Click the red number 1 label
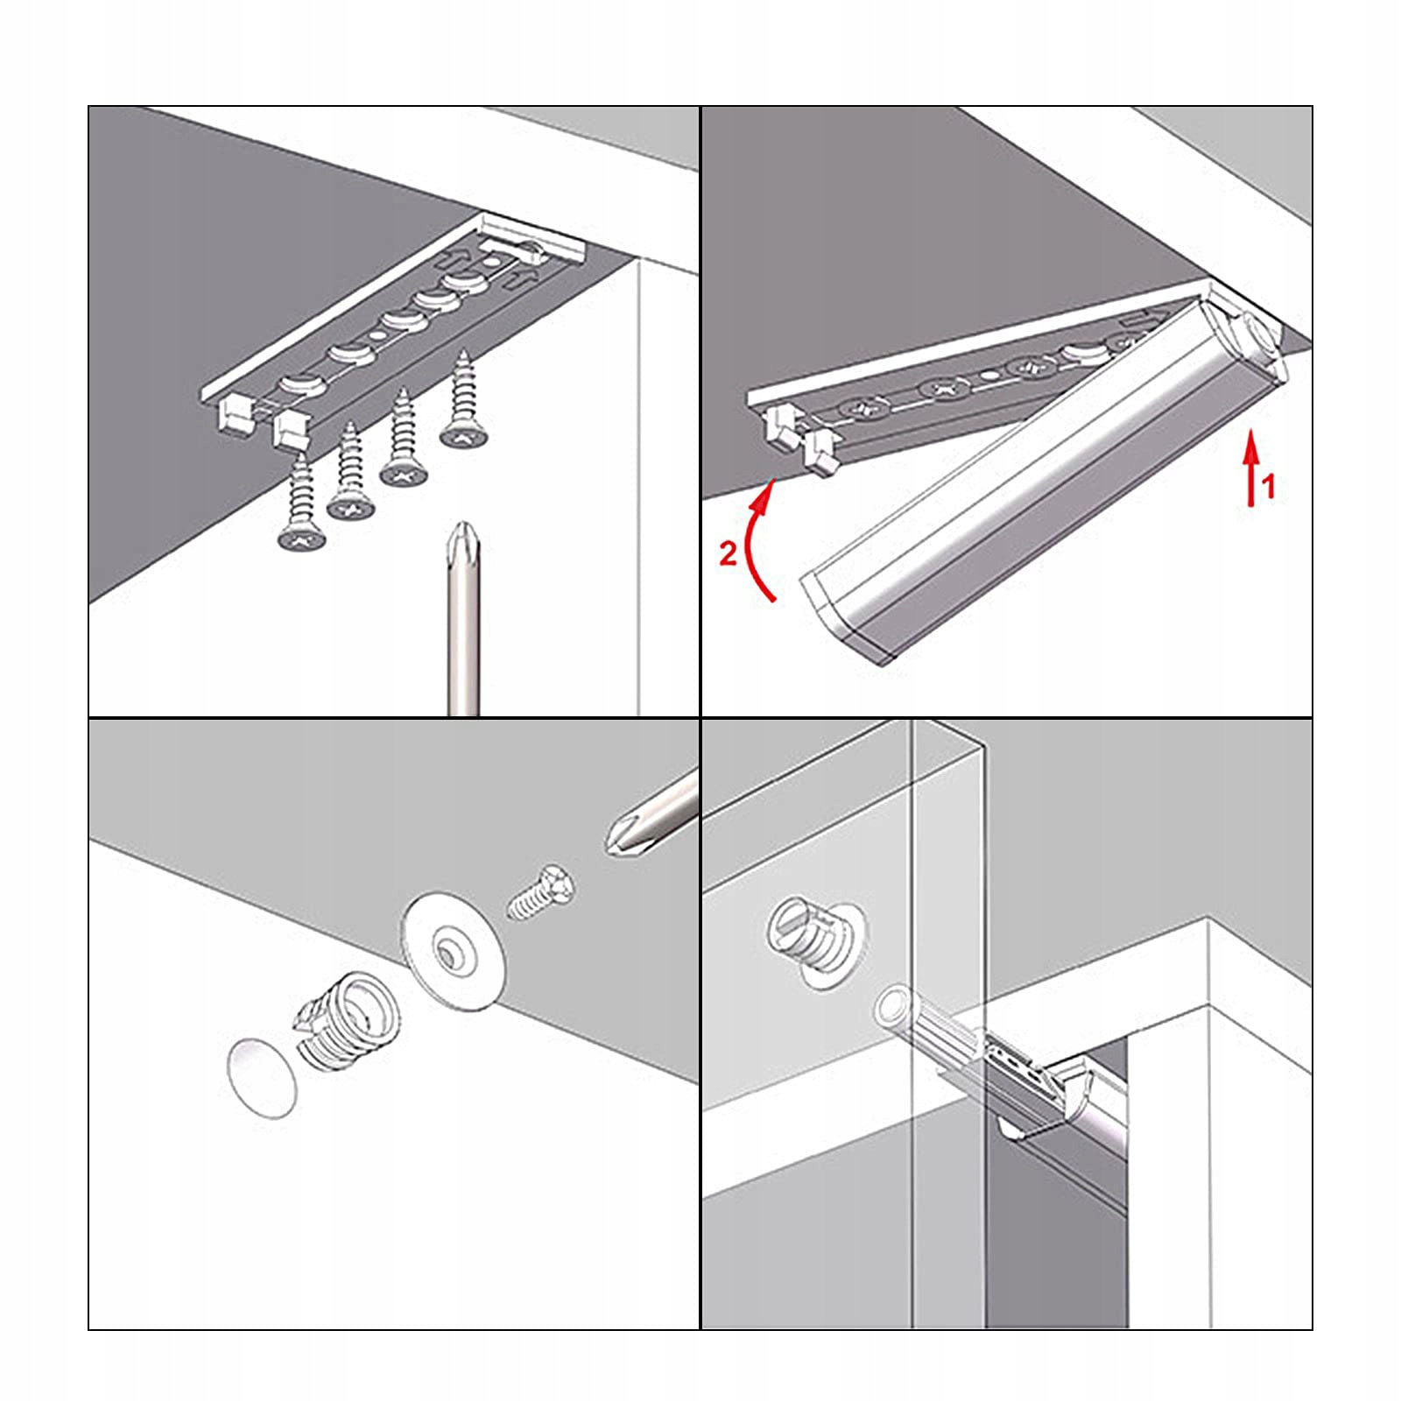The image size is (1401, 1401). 1268,486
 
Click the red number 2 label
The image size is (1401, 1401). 728,553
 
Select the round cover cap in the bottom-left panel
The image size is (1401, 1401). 262,1077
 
